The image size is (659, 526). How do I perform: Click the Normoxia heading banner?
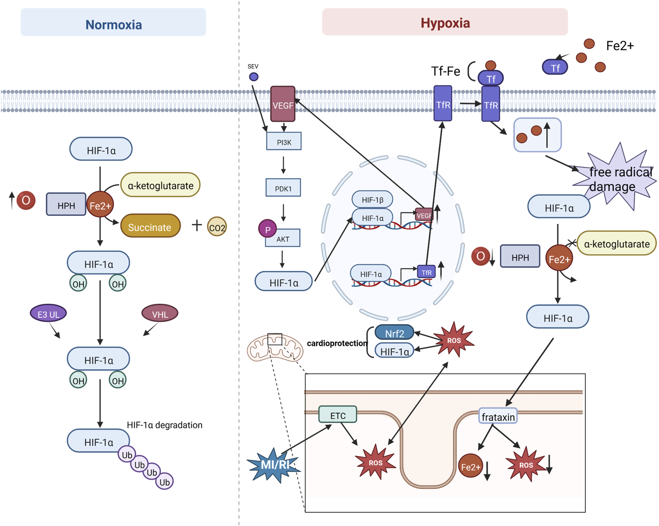[113, 23]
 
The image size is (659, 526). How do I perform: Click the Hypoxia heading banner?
[445, 22]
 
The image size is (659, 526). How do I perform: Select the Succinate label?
[150, 227]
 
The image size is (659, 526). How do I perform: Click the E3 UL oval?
[48, 314]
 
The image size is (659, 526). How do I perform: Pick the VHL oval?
[160, 314]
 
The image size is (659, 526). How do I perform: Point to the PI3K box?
[284, 141]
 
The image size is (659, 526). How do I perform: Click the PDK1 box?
[283, 188]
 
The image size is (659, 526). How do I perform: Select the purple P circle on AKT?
[267, 229]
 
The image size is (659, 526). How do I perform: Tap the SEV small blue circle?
[254, 77]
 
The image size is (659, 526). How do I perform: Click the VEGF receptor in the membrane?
[283, 105]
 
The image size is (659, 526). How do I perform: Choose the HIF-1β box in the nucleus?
[372, 200]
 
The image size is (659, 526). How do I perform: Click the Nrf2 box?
[394, 333]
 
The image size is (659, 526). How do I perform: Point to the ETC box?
[338, 415]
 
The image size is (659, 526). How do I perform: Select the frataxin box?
[498, 417]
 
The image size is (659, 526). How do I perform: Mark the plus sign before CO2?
[197, 225]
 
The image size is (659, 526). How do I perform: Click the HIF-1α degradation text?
[164, 425]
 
